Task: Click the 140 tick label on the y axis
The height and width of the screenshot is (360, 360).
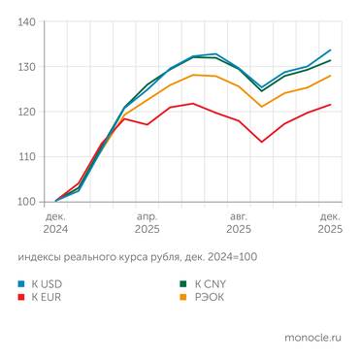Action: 27,22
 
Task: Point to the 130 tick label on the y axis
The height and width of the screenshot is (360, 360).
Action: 27,67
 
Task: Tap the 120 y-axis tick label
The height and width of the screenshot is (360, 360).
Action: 27,112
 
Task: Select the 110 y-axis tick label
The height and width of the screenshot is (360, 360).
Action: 27,156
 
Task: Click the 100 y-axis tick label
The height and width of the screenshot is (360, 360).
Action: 27,202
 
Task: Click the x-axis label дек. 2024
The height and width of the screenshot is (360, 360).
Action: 55,222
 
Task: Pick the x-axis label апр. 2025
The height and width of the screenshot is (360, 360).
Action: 147,222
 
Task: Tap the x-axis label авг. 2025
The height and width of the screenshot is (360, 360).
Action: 239,222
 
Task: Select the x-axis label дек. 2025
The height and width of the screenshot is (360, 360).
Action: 330,222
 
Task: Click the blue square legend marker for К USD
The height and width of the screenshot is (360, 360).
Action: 21,284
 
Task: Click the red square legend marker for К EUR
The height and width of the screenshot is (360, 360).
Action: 21,297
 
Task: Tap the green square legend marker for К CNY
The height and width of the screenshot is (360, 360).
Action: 182,284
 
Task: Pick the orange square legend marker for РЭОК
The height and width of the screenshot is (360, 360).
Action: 182,297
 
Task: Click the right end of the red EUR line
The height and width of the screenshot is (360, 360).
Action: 331,105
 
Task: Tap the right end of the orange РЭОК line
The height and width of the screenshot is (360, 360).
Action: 331,76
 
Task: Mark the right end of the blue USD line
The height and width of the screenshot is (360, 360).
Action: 331,49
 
